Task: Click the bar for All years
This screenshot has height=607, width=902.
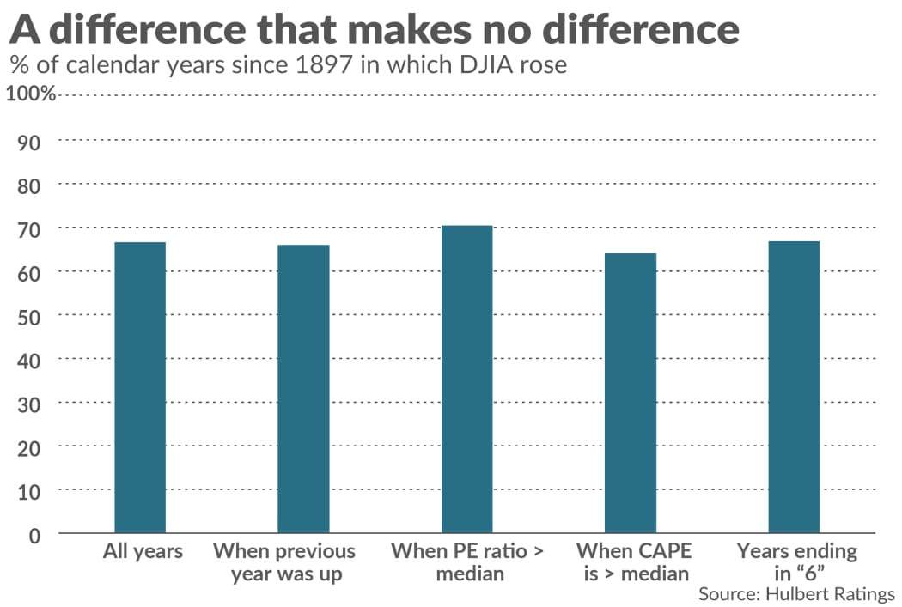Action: click(x=140, y=387)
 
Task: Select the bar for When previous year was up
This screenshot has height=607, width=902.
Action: click(x=303, y=389)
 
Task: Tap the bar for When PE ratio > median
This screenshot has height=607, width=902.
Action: click(x=466, y=379)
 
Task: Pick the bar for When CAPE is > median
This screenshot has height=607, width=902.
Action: click(x=631, y=392)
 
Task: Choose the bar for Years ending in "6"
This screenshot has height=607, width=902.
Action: click(x=794, y=387)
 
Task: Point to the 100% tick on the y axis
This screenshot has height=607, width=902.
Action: click(x=31, y=94)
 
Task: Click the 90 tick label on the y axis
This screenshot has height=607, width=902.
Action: click(x=30, y=140)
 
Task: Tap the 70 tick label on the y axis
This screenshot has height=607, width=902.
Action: click(x=30, y=228)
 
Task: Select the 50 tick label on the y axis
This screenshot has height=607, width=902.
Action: click(x=30, y=315)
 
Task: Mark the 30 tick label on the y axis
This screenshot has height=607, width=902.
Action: click(x=30, y=403)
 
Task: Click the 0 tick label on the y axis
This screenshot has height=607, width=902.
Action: click(x=35, y=534)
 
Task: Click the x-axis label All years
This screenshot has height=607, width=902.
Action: click(x=143, y=551)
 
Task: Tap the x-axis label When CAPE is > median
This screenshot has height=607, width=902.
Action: click(x=635, y=562)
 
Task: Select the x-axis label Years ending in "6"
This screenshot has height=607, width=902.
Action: click(x=796, y=562)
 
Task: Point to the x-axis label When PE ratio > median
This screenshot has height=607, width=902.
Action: click(x=467, y=562)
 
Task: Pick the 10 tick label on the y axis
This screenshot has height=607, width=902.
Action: click(x=30, y=490)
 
